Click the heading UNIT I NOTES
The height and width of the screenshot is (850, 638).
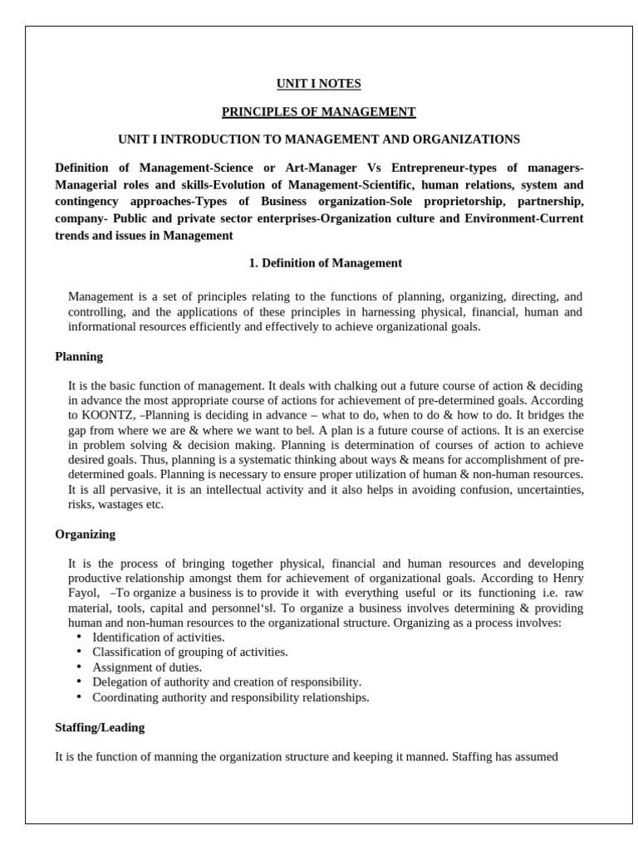click(x=318, y=84)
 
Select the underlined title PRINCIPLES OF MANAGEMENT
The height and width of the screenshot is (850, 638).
click(x=318, y=111)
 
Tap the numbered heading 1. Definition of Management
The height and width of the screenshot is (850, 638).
click(x=326, y=263)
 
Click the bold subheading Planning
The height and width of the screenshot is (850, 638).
click(x=79, y=356)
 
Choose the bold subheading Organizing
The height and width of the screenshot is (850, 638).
click(x=85, y=534)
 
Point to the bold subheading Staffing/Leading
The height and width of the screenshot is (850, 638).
click(x=100, y=727)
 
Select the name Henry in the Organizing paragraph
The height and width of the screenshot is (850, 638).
click(x=567, y=579)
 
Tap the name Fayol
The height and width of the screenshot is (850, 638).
click(x=83, y=594)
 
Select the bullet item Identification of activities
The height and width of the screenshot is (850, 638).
click(x=158, y=637)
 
